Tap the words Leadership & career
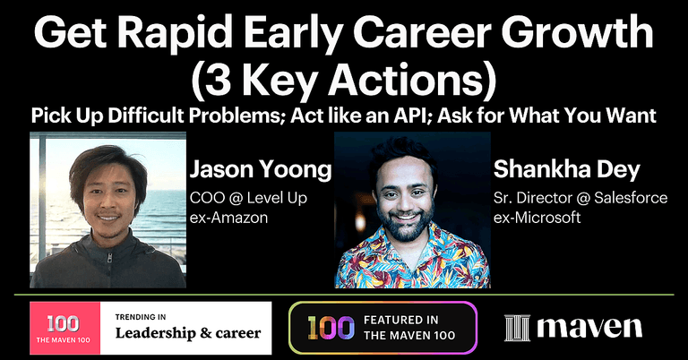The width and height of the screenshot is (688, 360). [187, 333]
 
